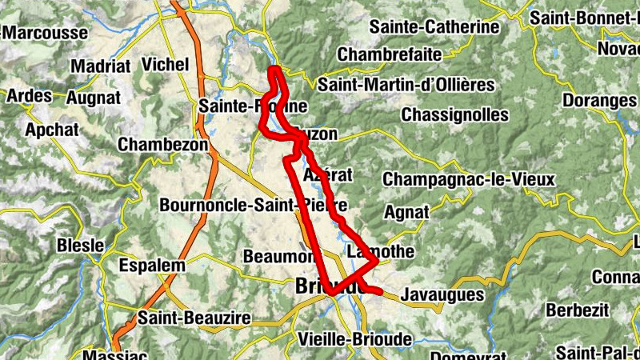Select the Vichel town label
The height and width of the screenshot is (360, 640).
tap(165, 63)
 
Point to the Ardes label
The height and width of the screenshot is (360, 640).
tap(29, 96)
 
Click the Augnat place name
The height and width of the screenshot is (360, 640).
tap(94, 98)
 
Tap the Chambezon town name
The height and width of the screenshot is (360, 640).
tap(162, 144)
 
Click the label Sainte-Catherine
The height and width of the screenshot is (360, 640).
tap(435, 27)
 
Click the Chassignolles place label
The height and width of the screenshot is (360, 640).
tap(454, 114)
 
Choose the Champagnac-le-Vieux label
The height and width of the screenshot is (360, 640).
tap(468, 180)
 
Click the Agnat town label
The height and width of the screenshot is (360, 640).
tap(406, 212)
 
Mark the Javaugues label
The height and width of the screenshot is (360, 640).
tap(443, 294)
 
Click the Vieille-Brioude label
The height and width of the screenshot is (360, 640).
tap(354, 339)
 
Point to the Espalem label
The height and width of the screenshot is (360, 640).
tap(151, 265)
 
